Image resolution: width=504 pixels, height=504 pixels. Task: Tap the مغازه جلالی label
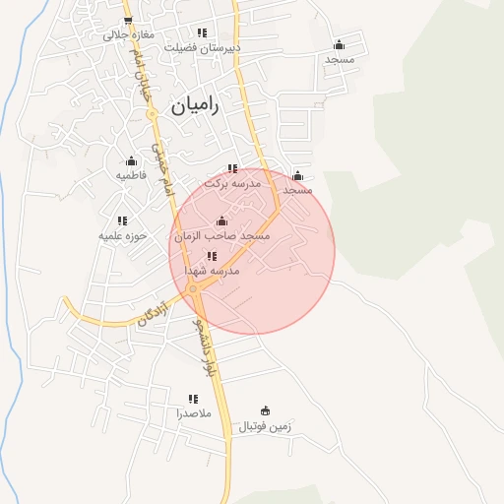127,34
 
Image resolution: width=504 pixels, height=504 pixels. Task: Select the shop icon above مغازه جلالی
127,20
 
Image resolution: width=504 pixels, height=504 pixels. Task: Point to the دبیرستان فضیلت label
202,46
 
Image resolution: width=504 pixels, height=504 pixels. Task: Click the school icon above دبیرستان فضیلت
202,31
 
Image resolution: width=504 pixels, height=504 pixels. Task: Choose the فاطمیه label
131,175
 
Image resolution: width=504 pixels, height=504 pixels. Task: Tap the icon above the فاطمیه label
131,160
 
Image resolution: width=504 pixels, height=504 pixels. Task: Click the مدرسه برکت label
232,183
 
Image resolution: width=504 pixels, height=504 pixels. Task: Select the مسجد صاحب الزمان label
221,236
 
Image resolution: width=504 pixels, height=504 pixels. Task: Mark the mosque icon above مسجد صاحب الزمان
220,220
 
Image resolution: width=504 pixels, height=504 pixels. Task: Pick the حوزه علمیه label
122,236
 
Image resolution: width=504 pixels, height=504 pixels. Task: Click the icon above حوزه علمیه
122,221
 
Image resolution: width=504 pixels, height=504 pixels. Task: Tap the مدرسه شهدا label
212,270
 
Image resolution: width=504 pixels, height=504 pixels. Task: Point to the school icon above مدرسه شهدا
212,256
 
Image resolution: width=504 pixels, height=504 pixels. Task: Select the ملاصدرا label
193,413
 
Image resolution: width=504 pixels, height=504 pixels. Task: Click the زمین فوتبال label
266,426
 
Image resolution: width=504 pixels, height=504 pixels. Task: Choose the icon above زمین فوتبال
265,410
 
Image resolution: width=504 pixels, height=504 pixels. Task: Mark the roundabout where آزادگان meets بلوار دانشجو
194,287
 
